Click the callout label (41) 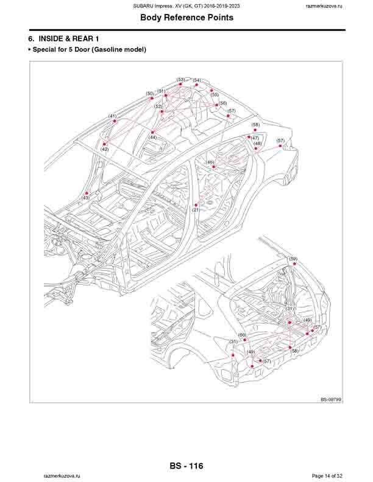click(113, 116)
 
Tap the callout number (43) click(85, 198)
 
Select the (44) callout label click(152, 138)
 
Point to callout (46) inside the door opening click(210, 162)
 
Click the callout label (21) click(196, 210)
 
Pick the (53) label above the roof click(181, 80)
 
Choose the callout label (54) click(197, 80)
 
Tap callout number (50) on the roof click(150, 94)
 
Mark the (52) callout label click(158, 107)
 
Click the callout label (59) click(293, 259)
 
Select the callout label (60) click(242, 335)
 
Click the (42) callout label click(105, 149)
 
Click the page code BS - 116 click(187, 466)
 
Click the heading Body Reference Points click(187, 18)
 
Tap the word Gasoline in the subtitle click(106, 49)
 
